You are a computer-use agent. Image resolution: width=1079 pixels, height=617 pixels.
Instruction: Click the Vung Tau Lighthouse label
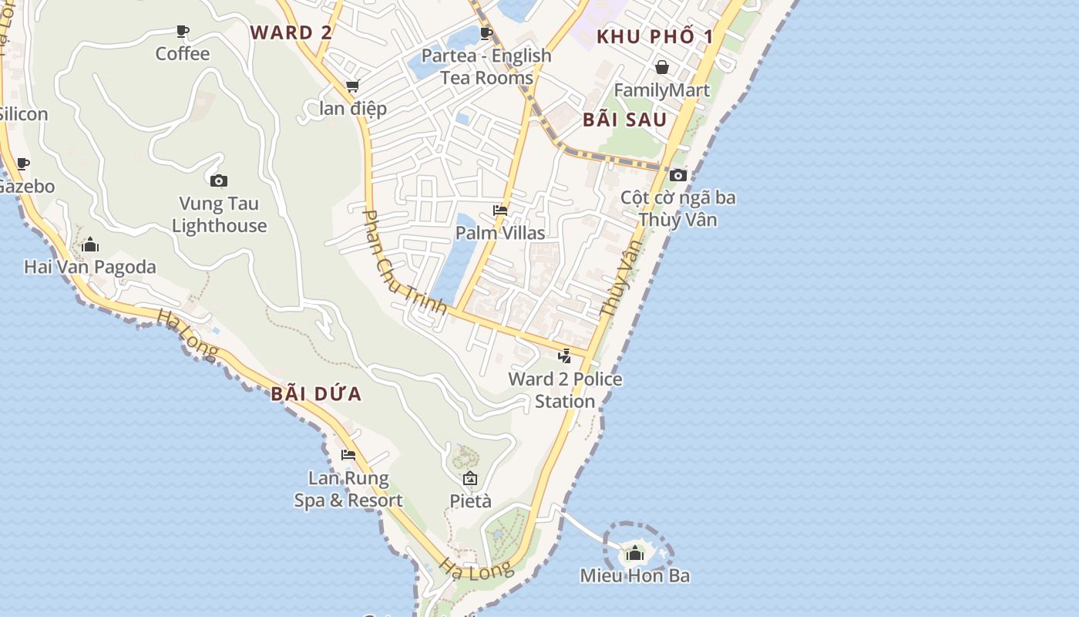219,214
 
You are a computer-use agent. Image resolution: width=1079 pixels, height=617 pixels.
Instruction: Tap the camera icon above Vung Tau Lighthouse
219,181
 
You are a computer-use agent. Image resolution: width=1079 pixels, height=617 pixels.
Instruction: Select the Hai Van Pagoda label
90,267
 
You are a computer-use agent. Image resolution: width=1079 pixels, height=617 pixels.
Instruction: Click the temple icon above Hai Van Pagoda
90,245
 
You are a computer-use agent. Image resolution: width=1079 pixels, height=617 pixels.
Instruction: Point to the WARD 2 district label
291,32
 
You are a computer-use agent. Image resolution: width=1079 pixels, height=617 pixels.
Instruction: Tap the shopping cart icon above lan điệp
352,86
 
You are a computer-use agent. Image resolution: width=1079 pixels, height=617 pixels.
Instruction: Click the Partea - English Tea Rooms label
486,66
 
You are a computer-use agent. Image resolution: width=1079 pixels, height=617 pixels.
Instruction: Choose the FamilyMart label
661,90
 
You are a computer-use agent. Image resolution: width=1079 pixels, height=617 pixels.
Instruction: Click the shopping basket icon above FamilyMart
661,68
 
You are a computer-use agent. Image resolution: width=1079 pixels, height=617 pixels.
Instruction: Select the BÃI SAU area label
624,120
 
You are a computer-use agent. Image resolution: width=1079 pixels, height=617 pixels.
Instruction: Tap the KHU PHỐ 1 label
655,36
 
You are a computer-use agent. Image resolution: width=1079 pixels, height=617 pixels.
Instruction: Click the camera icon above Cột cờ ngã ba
678,176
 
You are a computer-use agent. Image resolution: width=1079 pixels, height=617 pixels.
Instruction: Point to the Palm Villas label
500,233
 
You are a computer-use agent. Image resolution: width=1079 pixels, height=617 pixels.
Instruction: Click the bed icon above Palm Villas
500,211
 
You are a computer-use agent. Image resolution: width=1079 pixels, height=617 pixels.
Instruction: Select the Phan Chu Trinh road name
404,262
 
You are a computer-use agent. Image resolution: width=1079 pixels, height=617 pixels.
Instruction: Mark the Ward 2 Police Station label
565,389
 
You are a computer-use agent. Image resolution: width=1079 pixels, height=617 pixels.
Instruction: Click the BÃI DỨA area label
316,394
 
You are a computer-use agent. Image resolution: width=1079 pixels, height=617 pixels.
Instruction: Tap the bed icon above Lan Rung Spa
348,455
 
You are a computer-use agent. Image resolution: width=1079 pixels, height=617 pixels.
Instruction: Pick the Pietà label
470,501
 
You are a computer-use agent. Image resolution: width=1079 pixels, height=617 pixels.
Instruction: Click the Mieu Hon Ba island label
635,575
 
